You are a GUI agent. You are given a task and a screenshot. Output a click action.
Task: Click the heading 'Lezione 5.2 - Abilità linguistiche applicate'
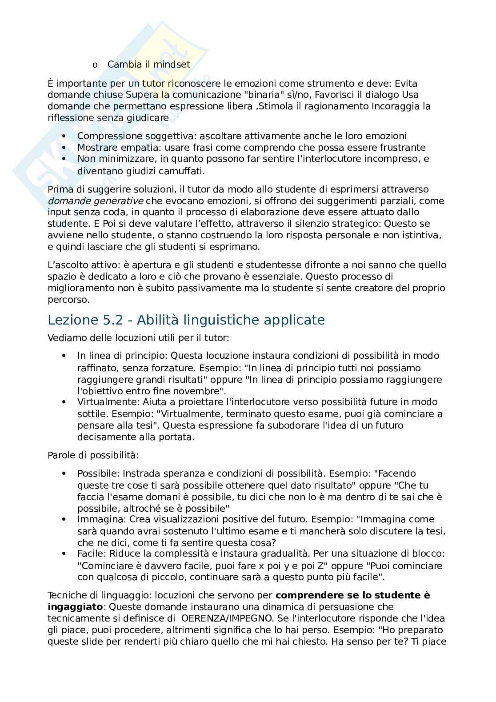point(186,320)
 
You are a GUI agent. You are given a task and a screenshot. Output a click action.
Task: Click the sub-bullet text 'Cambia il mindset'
point(148,64)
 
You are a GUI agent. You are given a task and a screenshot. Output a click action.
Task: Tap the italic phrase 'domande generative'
point(95,201)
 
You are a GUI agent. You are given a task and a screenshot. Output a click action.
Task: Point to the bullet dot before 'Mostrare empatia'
point(64,148)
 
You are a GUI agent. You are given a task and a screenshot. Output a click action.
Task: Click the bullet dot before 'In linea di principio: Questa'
point(64,356)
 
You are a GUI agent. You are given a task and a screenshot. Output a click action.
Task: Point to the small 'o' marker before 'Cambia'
point(95,65)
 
